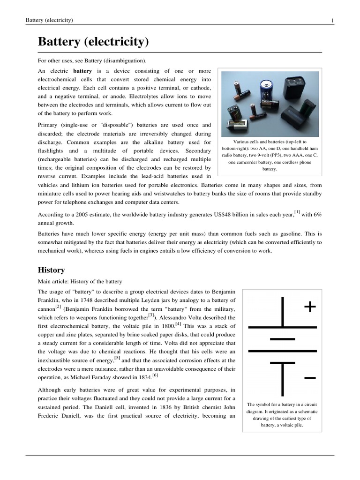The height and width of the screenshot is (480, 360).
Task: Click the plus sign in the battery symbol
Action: [310, 307]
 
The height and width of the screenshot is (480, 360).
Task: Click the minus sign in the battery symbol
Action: [310, 378]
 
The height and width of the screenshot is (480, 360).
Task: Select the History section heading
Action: [51, 270]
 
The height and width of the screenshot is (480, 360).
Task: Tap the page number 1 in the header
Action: [332, 20]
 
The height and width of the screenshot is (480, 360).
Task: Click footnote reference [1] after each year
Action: [297, 212]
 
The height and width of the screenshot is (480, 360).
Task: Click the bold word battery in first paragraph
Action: [82, 71]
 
